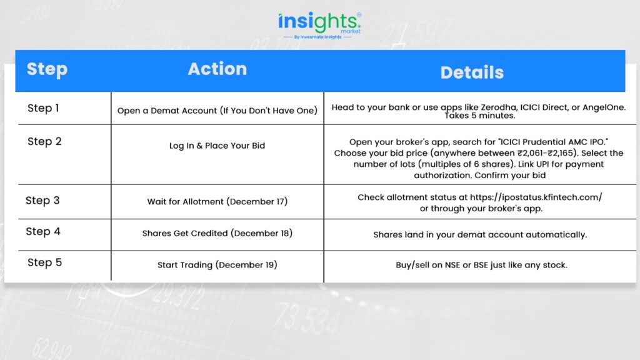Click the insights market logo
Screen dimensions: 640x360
coord(319,25)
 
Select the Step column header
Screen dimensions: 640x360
coord(47,69)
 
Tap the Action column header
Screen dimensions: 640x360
coord(217,69)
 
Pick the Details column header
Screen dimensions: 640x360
coord(472,72)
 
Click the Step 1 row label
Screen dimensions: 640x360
coord(43,108)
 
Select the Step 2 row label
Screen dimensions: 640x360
coord(44,141)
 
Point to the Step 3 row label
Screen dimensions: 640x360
coord(42,201)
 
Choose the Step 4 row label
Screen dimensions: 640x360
coord(43,231)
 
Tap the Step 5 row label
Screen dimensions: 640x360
coord(44,262)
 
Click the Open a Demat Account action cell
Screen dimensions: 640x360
coord(217,111)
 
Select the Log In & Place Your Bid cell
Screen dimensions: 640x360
coord(217,146)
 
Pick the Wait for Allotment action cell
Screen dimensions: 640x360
coord(217,202)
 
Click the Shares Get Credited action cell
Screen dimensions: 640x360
coord(217,234)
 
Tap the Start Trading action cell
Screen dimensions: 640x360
coord(217,265)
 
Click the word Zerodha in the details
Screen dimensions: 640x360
coord(499,107)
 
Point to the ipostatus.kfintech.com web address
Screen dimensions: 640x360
coord(536,197)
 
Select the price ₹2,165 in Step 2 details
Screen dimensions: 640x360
coord(561,154)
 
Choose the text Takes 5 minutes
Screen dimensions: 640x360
coord(479,116)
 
